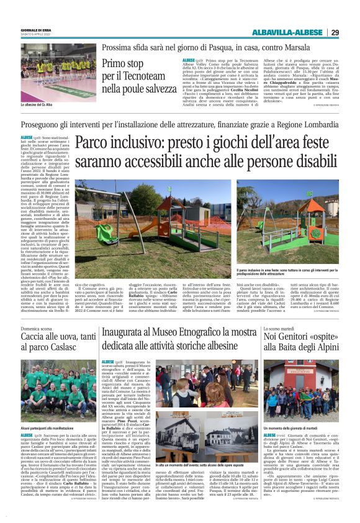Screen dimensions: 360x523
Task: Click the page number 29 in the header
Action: tap(335, 32)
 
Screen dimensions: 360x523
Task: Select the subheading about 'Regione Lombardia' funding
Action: tap(180, 125)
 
